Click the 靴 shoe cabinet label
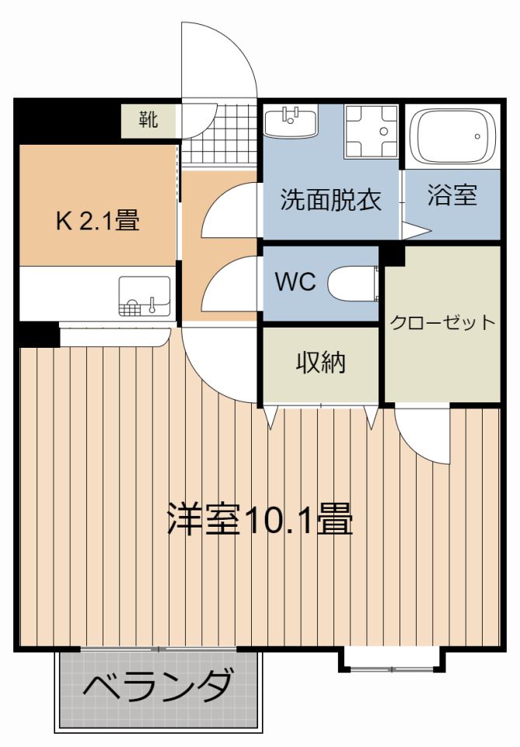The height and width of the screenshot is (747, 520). point(148,120)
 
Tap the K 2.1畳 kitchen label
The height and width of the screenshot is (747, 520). point(97,222)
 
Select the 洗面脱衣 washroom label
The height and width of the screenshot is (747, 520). point(330,200)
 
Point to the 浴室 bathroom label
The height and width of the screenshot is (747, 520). point(452,195)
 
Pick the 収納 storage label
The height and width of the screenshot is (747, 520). point(320,363)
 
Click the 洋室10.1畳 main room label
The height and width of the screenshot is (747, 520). point(260,520)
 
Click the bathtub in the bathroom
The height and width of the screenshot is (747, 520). point(452,136)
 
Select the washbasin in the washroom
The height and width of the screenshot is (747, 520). point(291,123)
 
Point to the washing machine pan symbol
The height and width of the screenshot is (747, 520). point(371,132)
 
